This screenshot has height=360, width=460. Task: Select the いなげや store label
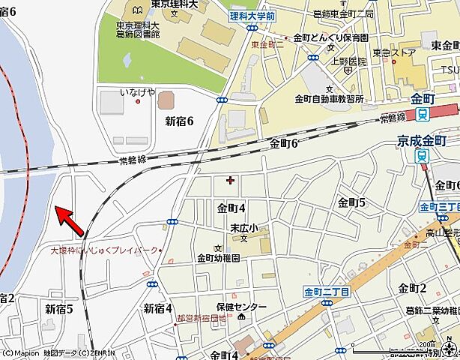[x=138, y=92]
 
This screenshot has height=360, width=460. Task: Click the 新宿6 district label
[x=179, y=120]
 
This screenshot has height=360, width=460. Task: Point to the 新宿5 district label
[x=59, y=308]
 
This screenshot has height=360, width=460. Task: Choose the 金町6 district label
[x=284, y=143]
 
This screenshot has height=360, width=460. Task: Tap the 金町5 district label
[x=351, y=202]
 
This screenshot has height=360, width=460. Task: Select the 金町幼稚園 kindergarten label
[x=218, y=257]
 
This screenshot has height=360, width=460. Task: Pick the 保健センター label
[x=241, y=307]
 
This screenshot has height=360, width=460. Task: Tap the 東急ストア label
[x=394, y=52]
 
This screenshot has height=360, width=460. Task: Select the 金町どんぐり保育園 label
[x=330, y=37]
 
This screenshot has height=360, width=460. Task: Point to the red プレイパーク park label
[x=104, y=250]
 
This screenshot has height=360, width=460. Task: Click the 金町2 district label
[x=412, y=289]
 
